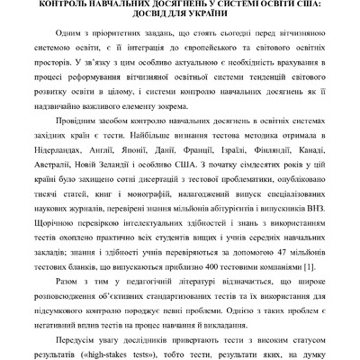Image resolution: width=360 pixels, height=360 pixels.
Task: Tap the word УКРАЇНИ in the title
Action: pos(217,16)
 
